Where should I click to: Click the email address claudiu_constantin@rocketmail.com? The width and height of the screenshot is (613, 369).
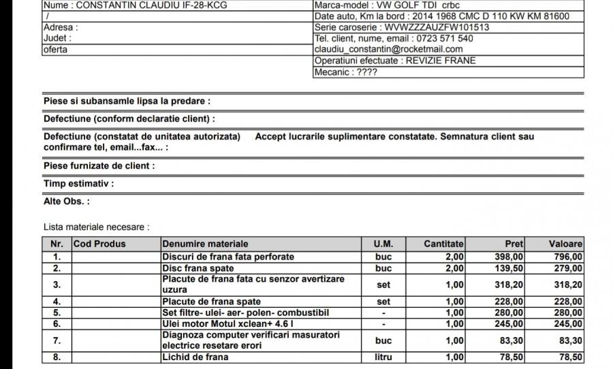click(389, 49)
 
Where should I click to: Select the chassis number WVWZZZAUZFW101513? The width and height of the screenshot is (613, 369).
click(437, 27)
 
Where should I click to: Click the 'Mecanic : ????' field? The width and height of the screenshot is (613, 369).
click(345, 71)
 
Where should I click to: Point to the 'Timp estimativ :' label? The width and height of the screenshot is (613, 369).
click(78, 184)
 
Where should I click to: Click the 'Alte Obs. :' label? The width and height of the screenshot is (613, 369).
click(67, 202)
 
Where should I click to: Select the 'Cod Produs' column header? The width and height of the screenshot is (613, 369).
click(99, 244)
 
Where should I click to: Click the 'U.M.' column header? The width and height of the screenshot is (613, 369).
click(383, 244)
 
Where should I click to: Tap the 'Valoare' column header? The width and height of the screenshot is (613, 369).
click(565, 244)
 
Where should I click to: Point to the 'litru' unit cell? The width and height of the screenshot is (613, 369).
click(383, 357)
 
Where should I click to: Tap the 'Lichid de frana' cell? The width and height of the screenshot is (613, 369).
click(195, 357)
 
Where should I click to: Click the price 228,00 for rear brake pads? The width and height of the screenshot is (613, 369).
click(509, 301)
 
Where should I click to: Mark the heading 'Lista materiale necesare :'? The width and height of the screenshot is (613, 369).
click(96, 227)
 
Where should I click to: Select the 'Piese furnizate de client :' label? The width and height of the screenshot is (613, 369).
click(99, 166)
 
